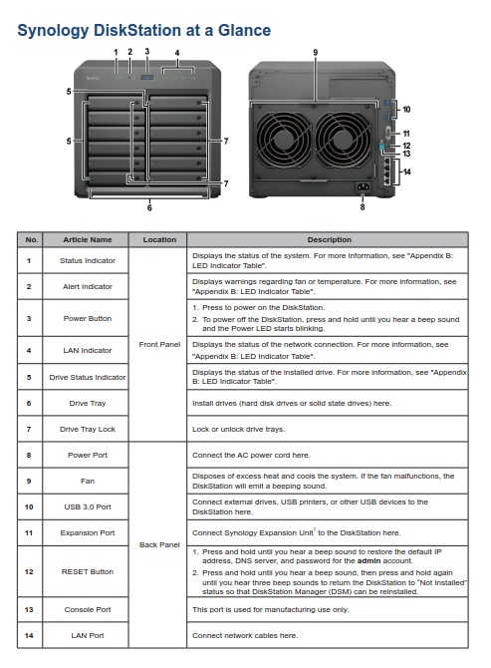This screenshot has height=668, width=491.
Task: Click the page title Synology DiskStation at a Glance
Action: point(143,31)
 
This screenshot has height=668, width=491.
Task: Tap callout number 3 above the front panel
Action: point(147,52)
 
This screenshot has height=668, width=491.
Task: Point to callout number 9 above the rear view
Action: point(316,53)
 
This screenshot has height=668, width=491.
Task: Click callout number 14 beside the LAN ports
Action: point(407,171)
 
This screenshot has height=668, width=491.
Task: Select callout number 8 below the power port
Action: point(363,207)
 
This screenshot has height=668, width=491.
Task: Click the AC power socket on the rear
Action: point(363,187)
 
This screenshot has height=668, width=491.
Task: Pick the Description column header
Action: point(330,240)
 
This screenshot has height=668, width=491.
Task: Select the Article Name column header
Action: point(88,240)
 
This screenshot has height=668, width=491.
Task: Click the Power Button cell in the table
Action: point(88,318)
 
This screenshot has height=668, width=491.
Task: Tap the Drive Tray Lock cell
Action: point(88,429)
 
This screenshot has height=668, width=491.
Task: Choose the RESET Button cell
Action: point(88,571)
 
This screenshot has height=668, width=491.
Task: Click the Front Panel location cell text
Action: point(159,344)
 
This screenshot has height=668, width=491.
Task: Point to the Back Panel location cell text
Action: point(159,544)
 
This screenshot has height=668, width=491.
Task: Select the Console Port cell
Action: point(88,609)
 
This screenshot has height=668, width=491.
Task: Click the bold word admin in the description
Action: point(368,560)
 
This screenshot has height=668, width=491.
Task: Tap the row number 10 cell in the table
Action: point(29,506)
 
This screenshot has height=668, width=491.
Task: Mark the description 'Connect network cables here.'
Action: point(245,636)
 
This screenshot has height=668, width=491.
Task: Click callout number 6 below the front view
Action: point(149,208)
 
